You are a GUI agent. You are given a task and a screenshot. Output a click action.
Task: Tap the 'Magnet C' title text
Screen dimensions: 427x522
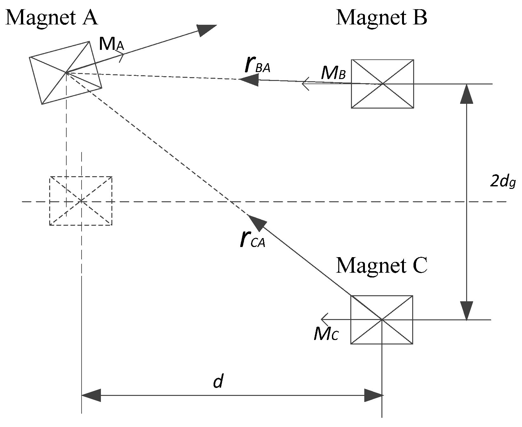[x=382, y=265]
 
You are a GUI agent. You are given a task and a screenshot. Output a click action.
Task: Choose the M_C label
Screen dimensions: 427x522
[x=327, y=334]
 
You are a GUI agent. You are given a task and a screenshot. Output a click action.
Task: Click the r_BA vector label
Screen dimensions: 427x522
[x=257, y=65]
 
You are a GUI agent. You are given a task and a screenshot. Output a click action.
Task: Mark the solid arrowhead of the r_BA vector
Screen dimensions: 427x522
[x=249, y=80]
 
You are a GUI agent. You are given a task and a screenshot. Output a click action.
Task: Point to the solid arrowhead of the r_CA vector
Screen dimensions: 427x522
[x=255, y=223]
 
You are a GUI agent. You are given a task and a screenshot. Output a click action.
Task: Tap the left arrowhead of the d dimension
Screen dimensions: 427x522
[x=91, y=396]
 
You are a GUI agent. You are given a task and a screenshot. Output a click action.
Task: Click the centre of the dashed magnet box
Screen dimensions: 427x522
[x=81, y=201]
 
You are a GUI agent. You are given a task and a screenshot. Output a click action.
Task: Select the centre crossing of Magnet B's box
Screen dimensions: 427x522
[x=383, y=84]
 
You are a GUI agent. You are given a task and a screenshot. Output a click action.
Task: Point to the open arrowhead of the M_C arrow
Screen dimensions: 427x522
[x=324, y=319]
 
